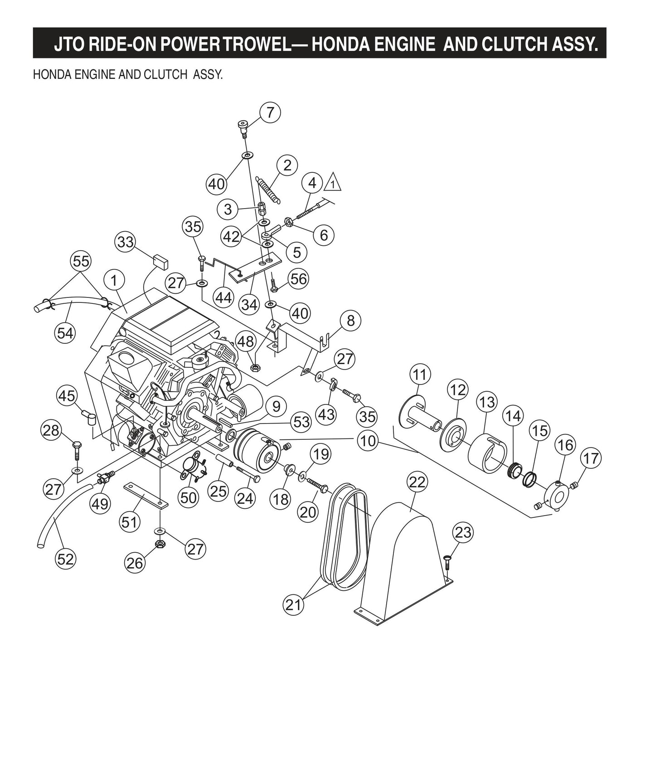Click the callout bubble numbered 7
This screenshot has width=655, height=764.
click(270, 112)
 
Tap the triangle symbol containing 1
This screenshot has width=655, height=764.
click(333, 183)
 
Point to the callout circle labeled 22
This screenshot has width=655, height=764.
click(417, 482)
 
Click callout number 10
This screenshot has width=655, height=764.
click(367, 440)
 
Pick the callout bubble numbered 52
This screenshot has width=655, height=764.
click(65, 559)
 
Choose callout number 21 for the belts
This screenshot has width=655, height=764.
click(293, 604)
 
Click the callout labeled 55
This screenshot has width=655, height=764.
click(81, 261)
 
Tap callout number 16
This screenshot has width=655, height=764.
click(565, 445)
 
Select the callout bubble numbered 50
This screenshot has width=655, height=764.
click(189, 497)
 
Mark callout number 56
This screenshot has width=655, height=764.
click(299, 279)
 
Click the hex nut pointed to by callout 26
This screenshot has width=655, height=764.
click(159, 544)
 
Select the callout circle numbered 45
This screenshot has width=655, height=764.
click(67, 395)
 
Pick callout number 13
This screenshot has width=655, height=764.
click(487, 402)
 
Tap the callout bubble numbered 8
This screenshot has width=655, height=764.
click(350, 321)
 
